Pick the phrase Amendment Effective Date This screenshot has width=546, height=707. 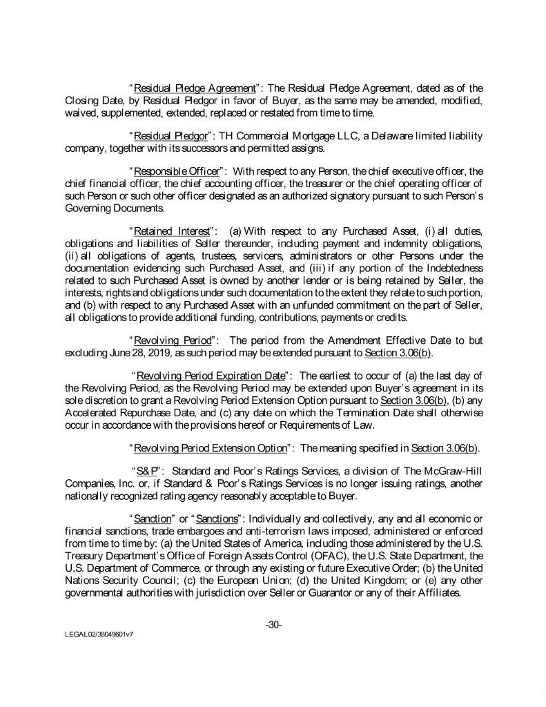pyautogui.click(x=349, y=342)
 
